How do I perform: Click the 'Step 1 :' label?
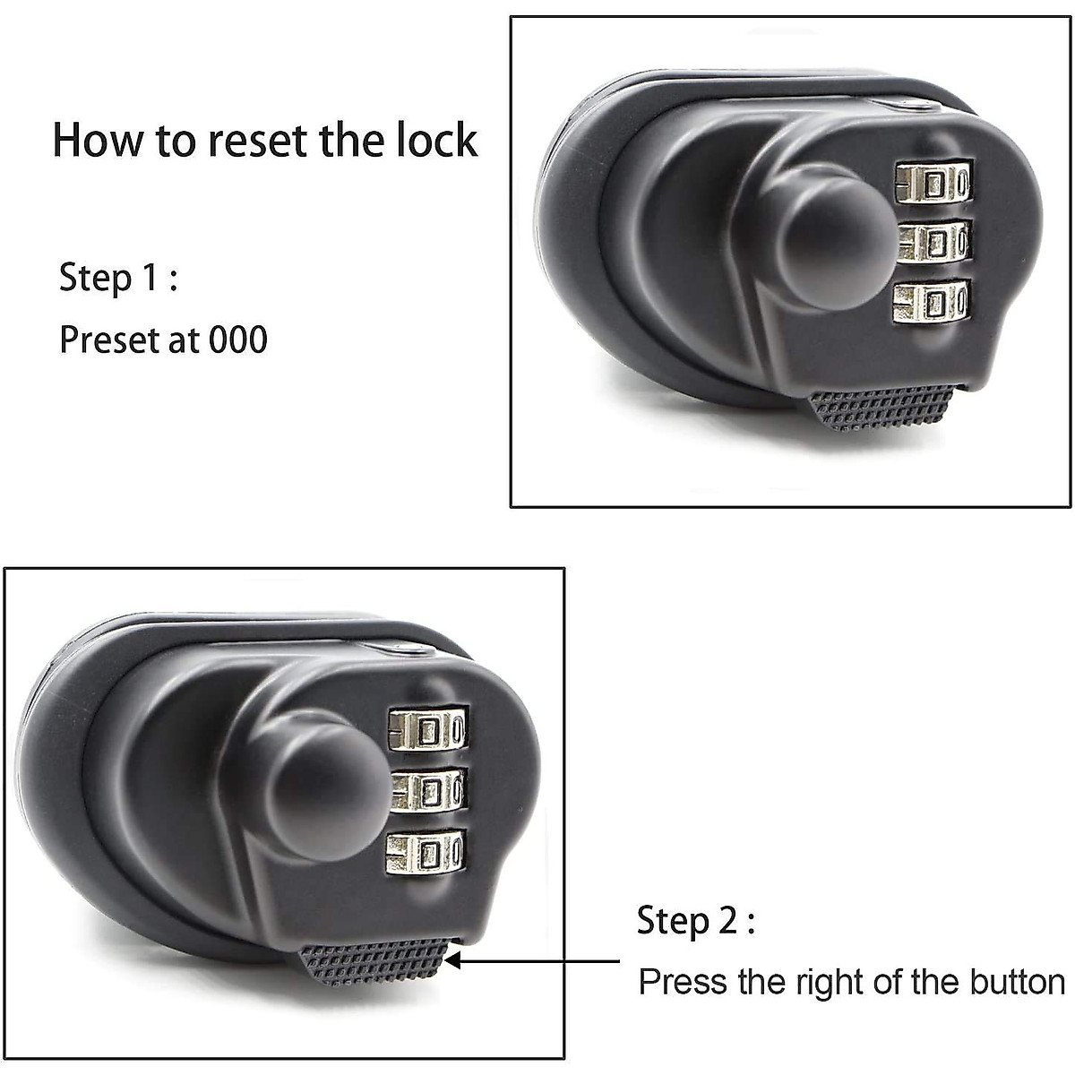[x=118, y=278]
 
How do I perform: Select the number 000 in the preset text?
[x=238, y=340]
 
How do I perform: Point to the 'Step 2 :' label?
[x=695, y=921]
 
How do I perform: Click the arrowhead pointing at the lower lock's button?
[x=453, y=960]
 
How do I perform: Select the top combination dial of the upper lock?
[x=933, y=181]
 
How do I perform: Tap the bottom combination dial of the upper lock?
[x=932, y=301]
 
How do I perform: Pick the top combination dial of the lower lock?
[x=428, y=730]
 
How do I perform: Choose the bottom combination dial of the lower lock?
[x=426, y=852]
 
